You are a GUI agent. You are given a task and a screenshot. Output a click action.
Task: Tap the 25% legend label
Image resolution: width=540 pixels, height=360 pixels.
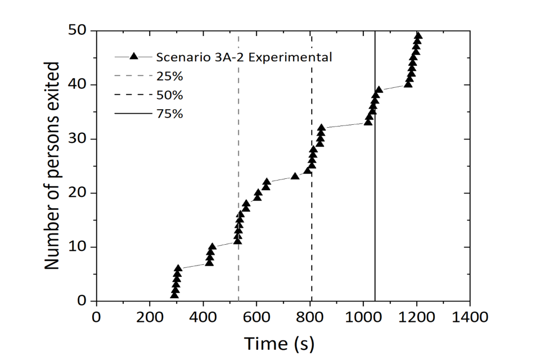[x=170, y=75]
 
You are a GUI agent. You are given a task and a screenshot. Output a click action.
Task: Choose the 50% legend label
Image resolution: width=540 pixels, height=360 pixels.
[x=170, y=94]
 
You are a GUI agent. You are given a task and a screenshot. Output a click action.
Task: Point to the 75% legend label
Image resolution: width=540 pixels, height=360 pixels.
[x=170, y=113]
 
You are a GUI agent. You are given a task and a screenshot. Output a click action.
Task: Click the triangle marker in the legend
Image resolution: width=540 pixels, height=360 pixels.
[x=134, y=56]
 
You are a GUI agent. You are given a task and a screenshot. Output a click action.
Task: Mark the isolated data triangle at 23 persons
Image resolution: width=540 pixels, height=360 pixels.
[x=295, y=176]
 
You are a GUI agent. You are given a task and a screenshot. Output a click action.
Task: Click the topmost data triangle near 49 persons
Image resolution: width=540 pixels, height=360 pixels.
[x=417, y=35]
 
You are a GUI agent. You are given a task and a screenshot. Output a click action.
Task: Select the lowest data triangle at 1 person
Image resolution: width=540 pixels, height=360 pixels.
[x=174, y=295]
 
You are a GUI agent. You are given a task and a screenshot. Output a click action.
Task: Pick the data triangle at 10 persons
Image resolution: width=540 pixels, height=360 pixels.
[x=212, y=246]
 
